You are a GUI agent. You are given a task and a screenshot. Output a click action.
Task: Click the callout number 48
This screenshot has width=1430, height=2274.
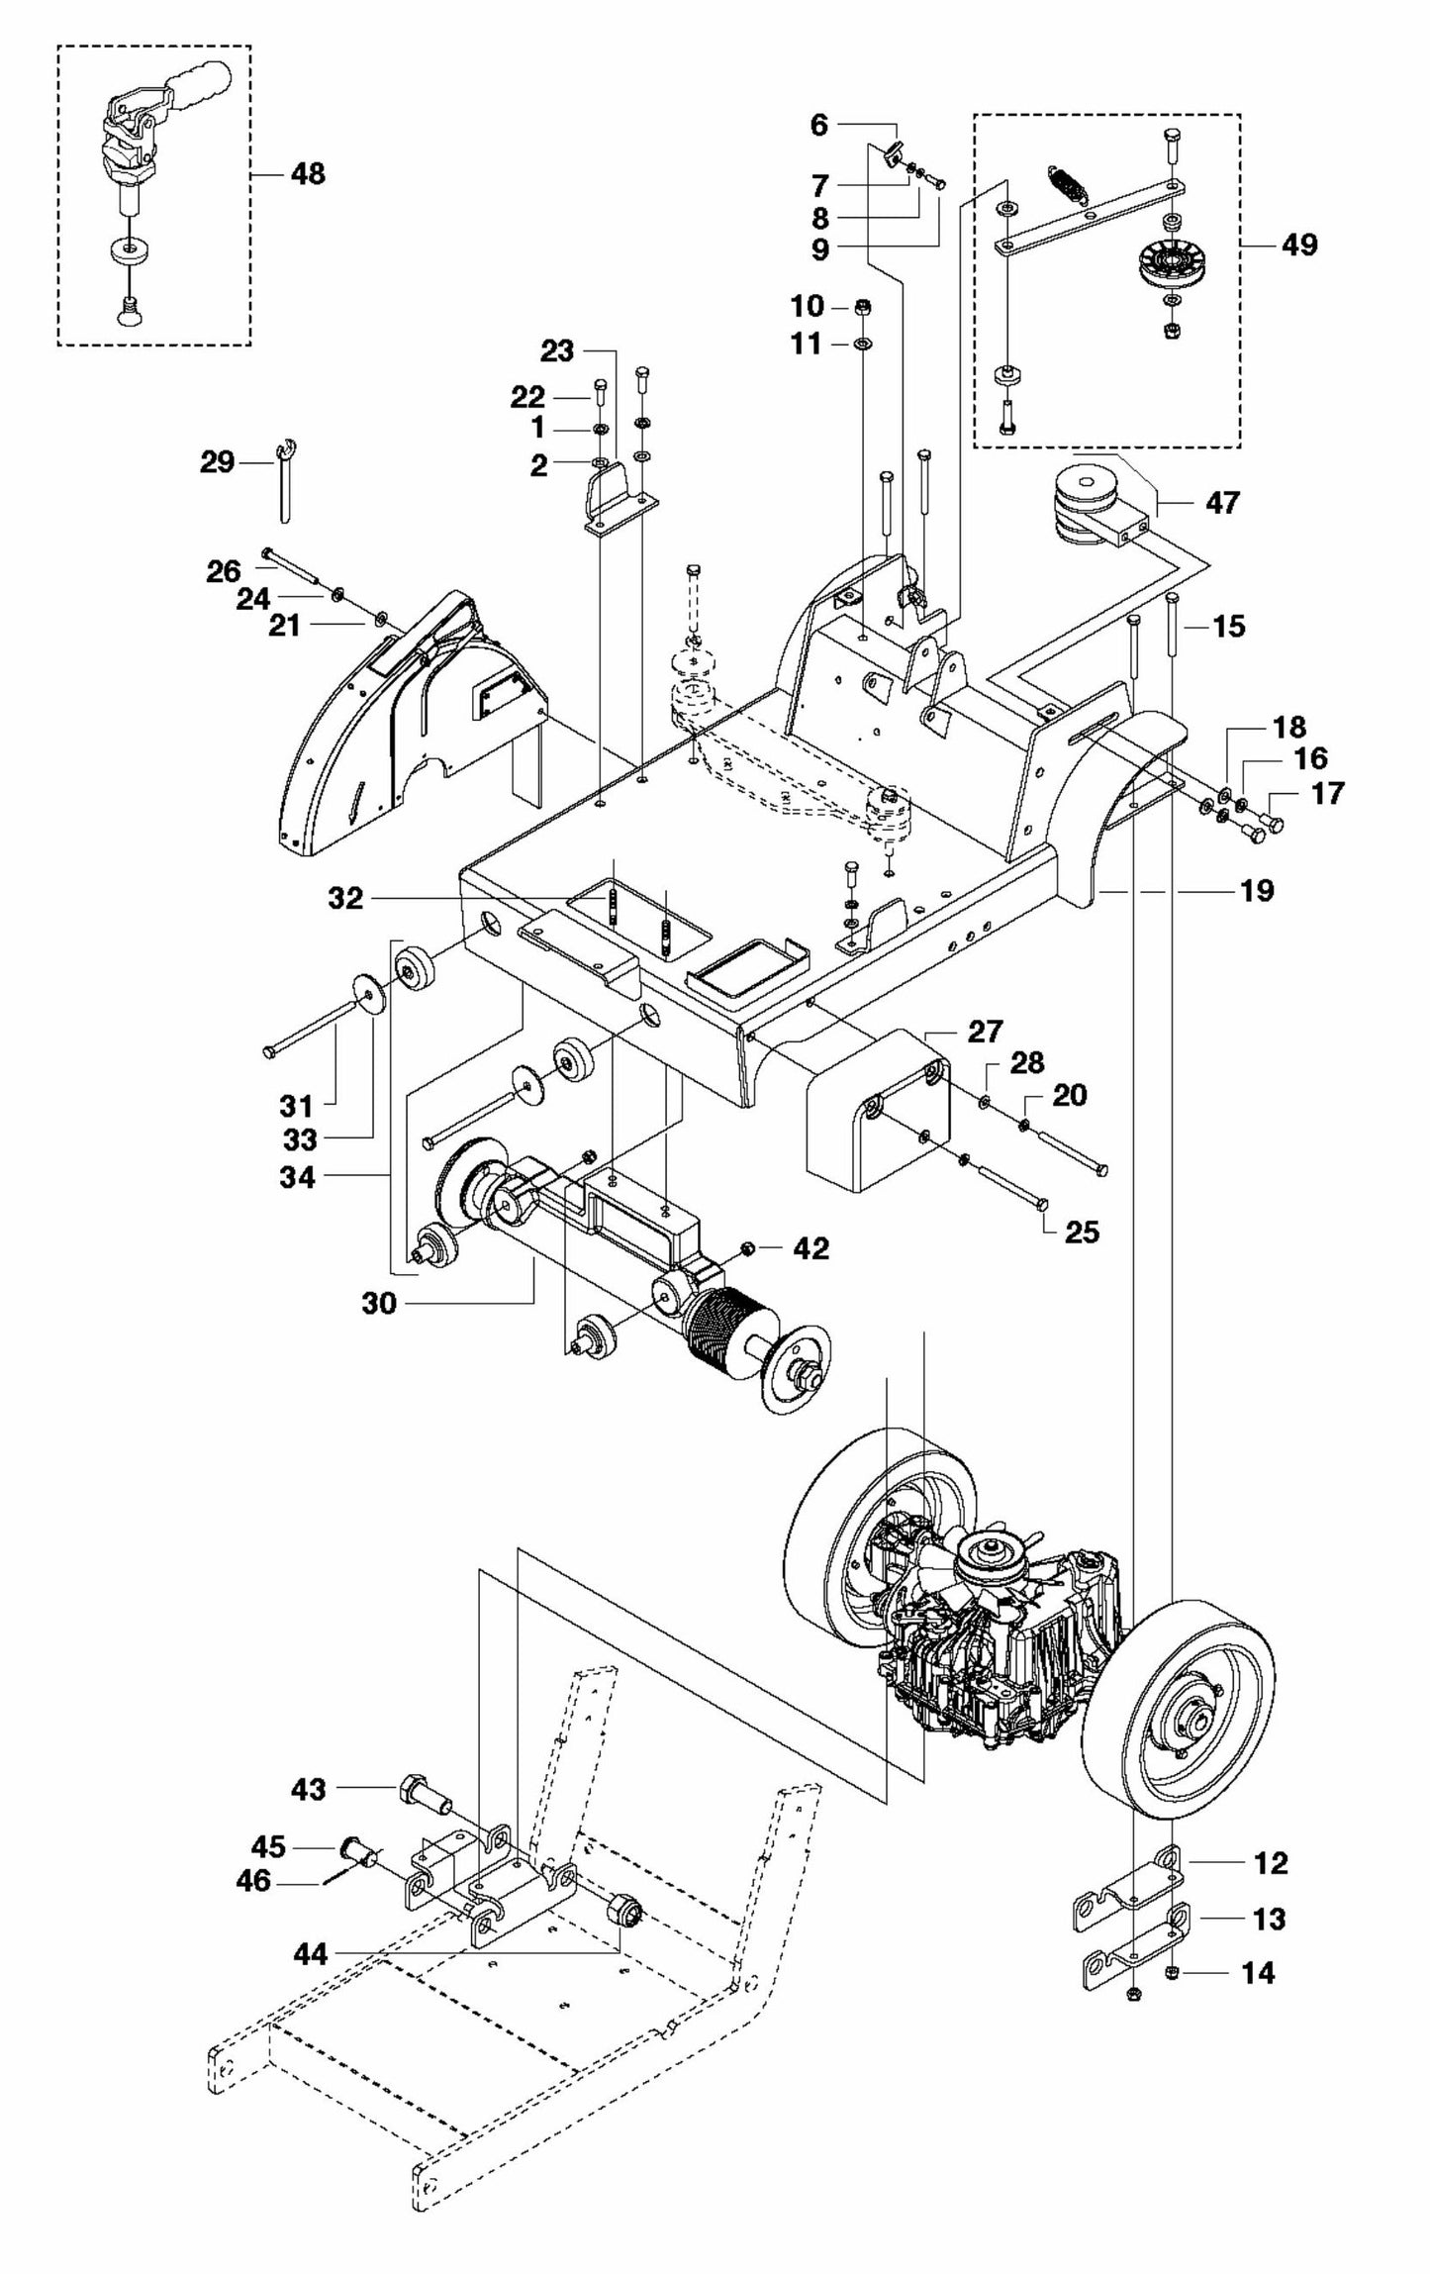pyautogui.click(x=308, y=174)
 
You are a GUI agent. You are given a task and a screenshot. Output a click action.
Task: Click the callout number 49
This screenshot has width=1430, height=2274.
pyautogui.click(x=1299, y=244)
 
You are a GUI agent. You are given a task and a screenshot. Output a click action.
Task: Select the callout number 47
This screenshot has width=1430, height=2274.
pyautogui.click(x=1222, y=503)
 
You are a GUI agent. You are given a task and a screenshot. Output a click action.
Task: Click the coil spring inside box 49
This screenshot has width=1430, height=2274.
pyautogui.click(x=1063, y=182)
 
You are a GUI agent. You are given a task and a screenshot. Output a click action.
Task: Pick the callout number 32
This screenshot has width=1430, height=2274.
pyautogui.click(x=345, y=898)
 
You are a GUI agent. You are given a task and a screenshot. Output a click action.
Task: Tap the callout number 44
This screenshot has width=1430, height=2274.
pyautogui.click(x=311, y=1954)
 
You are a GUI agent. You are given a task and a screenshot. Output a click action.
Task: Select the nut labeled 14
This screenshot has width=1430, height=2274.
pyautogui.click(x=1171, y=1974)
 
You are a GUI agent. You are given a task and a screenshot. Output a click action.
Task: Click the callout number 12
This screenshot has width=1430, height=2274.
pyautogui.click(x=1271, y=1863)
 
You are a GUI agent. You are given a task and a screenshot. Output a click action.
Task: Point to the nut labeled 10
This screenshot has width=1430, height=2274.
pyautogui.click(x=861, y=307)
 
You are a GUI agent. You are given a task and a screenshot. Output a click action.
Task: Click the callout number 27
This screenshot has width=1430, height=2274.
pyautogui.click(x=985, y=1032)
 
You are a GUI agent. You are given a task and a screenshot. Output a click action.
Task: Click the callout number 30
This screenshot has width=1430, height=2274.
pyautogui.click(x=379, y=1304)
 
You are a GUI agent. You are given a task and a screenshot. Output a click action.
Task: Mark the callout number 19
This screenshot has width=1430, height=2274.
pyautogui.click(x=1257, y=890)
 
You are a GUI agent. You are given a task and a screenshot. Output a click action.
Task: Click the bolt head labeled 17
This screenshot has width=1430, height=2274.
pyautogui.click(x=1276, y=823)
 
